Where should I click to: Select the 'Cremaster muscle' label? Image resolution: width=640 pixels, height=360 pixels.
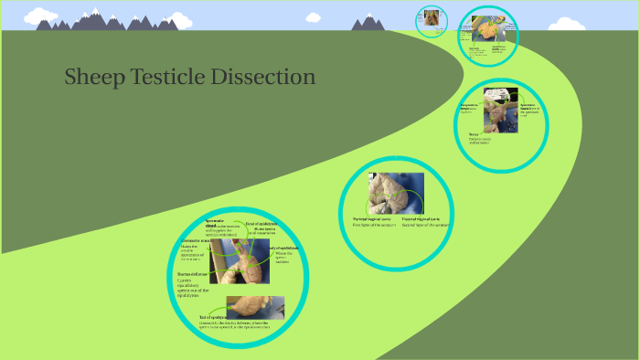pyautogui.click(x=197, y=240)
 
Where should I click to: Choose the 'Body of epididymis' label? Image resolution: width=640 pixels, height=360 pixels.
pyautogui.click(x=283, y=248)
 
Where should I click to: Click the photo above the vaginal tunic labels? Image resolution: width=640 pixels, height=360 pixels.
pyautogui.click(x=396, y=192)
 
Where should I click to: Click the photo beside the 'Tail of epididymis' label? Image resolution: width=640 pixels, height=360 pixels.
pyautogui.click(x=255, y=306)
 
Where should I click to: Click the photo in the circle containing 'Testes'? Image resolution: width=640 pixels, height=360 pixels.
pyautogui.click(x=500, y=111)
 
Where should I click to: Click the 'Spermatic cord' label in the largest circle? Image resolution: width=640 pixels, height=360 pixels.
pyautogui.click(x=214, y=222)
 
